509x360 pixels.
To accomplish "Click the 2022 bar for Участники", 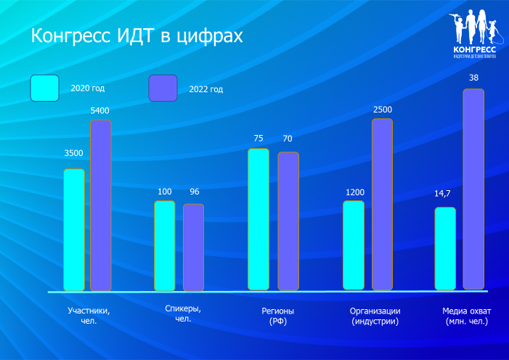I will (101, 205).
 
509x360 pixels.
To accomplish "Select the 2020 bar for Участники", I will (74, 229).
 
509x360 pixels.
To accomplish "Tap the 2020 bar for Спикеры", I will (165, 245).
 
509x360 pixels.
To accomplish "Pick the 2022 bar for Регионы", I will (288, 221).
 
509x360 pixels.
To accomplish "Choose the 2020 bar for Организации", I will (354, 245).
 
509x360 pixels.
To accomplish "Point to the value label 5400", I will (99, 110).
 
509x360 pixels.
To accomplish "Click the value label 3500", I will (73, 153).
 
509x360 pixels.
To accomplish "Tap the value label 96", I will (194, 192).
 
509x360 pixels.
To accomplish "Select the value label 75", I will (258, 138).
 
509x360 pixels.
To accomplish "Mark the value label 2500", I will (383, 110).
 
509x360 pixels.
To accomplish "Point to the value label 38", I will (473, 78).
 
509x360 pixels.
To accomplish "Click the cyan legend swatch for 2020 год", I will (44, 88).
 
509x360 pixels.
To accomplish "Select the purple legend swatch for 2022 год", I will (163, 88).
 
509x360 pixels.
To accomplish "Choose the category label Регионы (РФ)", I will (278, 316).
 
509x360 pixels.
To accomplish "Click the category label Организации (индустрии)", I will (375, 316).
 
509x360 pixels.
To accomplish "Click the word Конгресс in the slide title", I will (72, 36).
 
